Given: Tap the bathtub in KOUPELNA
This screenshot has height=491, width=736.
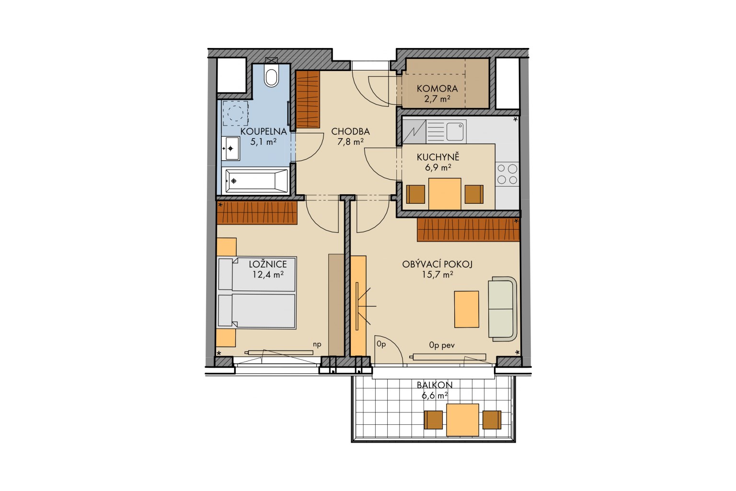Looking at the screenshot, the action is (255, 181).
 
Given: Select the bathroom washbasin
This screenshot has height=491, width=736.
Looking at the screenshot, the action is (230, 148).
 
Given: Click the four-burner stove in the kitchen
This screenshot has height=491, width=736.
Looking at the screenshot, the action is (507, 175).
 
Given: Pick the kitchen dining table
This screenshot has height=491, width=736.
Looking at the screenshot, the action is (445, 194).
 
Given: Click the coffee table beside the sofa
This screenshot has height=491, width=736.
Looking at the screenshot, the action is (467, 309).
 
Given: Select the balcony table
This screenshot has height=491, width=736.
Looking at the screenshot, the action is (462, 420).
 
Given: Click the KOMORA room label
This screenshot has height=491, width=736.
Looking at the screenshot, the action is (437, 88).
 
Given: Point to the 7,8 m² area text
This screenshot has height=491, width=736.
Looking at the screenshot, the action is (350, 142).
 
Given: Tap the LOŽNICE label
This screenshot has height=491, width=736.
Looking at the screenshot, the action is (268, 264).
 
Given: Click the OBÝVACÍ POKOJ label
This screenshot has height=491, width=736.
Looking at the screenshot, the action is (437, 264).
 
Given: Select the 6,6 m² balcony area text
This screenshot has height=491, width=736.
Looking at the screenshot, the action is (435, 395).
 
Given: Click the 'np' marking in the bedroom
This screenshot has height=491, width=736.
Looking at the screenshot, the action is (317, 345).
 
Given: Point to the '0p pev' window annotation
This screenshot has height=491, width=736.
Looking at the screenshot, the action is (442, 345).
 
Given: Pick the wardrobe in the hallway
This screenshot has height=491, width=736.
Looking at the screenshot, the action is (308, 99).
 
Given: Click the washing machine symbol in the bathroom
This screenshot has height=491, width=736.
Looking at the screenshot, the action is (235, 113).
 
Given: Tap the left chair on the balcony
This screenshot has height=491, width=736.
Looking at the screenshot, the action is (433, 420).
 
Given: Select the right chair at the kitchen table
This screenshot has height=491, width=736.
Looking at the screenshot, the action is (474, 194).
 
